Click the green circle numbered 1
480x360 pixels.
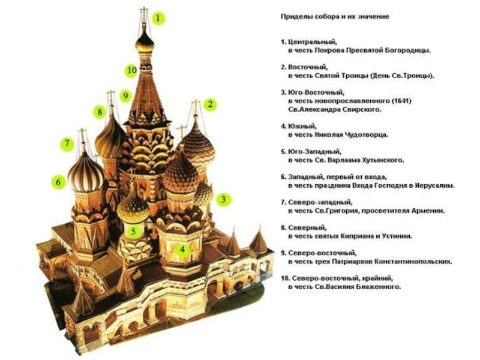(158, 19)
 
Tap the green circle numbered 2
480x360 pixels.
(211, 104)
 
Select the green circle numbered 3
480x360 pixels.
(223, 199)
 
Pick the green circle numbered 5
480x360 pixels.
(135, 230)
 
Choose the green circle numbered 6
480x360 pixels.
(58, 181)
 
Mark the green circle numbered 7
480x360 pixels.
(67, 144)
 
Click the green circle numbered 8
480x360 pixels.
(99, 112)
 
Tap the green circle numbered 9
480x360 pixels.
(125, 95)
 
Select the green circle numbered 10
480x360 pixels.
(131, 70)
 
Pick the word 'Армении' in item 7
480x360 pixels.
(427, 211)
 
